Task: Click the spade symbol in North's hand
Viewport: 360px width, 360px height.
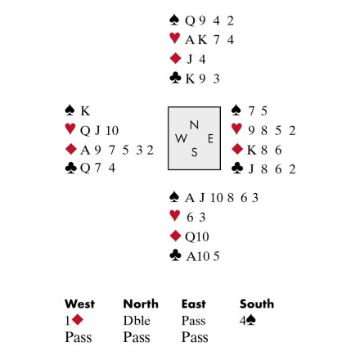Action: click(x=174, y=20)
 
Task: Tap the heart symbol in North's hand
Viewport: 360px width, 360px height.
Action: click(x=174, y=38)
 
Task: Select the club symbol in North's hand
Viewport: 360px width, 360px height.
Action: click(x=175, y=78)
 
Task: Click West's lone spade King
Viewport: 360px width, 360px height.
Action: click(x=85, y=111)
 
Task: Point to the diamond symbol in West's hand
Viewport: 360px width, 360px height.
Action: click(x=71, y=149)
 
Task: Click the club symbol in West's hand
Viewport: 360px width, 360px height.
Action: click(x=71, y=168)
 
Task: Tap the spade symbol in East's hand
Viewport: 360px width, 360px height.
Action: click(x=236, y=110)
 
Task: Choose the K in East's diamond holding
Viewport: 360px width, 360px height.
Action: click(x=251, y=150)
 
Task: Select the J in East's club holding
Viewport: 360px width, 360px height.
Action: click(x=251, y=169)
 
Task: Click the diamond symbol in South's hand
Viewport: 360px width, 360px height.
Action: click(x=175, y=236)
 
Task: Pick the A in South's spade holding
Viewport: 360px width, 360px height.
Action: click(x=190, y=198)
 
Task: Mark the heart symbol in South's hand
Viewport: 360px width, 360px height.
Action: click(x=174, y=215)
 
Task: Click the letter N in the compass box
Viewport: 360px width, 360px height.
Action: click(x=194, y=125)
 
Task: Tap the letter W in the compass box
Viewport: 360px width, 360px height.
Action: click(x=181, y=138)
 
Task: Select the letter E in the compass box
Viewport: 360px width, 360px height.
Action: click(x=210, y=139)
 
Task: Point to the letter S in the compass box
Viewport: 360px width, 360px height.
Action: click(x=194, y=152)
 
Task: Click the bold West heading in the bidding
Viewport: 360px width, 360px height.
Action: click(x=79, y=304)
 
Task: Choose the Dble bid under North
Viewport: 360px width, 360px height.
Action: click(x=137, y=321)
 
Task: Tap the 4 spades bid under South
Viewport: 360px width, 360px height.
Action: click(x=248, y=321)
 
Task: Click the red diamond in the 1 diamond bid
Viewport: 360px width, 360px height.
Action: click(x=78, y=320)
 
